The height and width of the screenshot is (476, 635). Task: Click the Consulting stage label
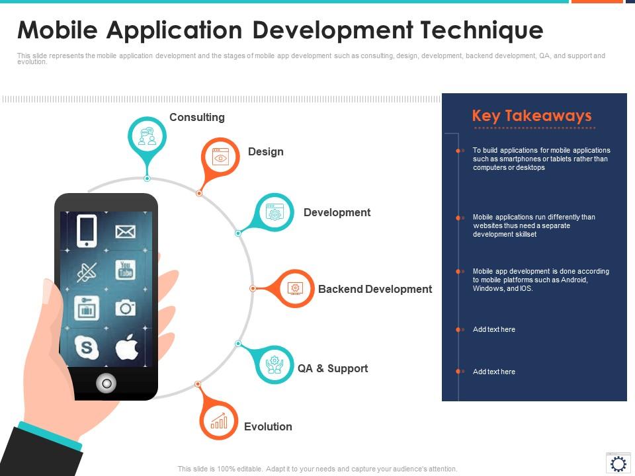tap(197, 118)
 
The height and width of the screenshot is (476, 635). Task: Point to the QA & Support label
tap(333, 368)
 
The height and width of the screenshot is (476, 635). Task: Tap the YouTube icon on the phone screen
tap(126, 270)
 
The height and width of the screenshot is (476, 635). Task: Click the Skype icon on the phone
tap(87, 347)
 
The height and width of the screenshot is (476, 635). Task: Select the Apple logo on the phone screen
tap(127, 347)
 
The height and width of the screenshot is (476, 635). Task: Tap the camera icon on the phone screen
tap(126, 308)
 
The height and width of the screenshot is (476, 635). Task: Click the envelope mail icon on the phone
tap(126, 231)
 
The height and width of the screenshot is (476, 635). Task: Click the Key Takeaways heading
tap(532, 116)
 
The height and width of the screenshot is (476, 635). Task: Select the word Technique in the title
tap(482, 31)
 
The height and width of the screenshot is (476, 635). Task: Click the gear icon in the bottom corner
tap(618, 463)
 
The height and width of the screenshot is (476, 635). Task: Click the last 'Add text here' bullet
tap(493, 372)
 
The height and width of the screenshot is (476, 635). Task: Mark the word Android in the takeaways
tap(574, 280)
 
